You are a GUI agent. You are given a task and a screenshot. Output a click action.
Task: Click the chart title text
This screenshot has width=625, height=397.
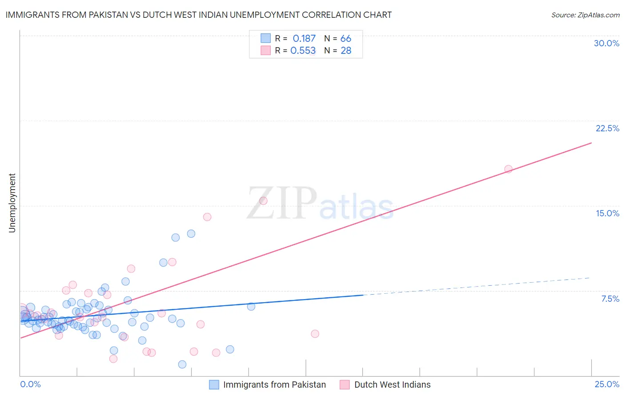(198, 15)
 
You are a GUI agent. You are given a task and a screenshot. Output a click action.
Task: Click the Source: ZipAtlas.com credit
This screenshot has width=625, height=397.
(585, 15)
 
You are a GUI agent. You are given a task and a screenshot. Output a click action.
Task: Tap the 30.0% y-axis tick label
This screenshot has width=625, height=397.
(606, 43)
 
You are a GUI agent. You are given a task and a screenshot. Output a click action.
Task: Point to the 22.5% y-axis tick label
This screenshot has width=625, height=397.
(607, 128)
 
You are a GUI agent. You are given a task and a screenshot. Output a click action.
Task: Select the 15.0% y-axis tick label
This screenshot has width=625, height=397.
(607, 213)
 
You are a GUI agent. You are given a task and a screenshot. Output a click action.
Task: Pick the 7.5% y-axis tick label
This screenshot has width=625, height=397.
(610, 299)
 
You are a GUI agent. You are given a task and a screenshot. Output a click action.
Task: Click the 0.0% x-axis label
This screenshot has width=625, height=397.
(30, 384)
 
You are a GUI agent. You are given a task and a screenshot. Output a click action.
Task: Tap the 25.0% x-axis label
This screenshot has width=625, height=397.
(607, 384)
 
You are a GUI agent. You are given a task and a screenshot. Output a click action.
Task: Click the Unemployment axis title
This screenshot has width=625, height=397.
(12, 203)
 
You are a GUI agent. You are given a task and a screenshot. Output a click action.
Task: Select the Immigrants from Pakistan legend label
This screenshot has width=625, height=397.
(274, 385)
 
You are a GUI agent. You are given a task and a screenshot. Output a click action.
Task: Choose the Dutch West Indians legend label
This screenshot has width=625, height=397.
(392, 385)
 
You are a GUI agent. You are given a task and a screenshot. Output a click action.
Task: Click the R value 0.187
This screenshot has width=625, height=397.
(304, 39)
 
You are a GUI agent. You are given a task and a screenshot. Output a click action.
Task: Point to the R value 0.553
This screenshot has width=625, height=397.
(303, 51)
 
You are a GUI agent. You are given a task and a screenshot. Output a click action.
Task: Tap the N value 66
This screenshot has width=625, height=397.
(346, 39)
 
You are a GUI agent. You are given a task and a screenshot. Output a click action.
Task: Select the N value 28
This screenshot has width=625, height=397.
(346, 51)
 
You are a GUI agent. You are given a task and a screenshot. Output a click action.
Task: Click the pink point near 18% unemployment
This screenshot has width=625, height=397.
(508, 169)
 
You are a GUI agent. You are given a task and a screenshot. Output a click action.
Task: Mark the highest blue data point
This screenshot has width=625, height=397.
(191, 234)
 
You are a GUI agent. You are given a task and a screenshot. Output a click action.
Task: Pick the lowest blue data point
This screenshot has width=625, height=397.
(182, 365)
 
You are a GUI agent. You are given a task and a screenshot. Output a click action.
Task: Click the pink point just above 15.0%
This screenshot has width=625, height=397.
(263, 201)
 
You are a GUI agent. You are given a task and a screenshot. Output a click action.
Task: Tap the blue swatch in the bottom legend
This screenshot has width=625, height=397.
(214, 385)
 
